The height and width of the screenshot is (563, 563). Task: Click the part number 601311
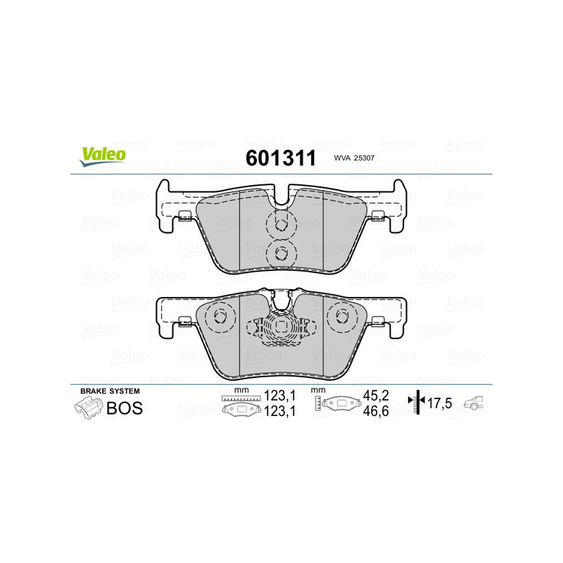[x=279, y=158]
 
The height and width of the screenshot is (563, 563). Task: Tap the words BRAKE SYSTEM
[x=109, y=391]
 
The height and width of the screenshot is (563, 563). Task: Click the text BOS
[x=124, y=407]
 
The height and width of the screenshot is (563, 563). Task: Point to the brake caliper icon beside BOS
[x=87, y=407]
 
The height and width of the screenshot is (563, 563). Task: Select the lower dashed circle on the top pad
[x=281, y=253]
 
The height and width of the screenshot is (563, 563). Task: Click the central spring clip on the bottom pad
[x=281, y=327]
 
